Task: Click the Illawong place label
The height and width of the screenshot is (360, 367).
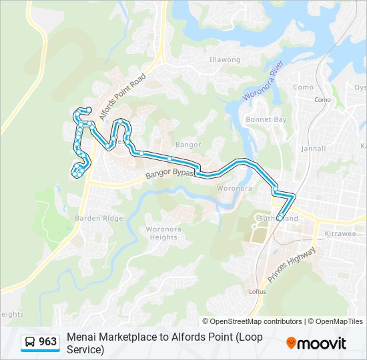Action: click(x=224, y=59)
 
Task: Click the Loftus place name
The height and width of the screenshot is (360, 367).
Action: click(x=257, y=291)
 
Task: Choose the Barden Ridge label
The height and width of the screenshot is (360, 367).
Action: click(x=99, y=218)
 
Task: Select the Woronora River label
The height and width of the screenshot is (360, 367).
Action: click(x=263, y=84)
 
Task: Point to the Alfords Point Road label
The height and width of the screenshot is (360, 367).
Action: click(x=123, y=97)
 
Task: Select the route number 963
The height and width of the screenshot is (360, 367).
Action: click(x=48, y=342)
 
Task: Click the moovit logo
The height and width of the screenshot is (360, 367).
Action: click(x=316, y=343)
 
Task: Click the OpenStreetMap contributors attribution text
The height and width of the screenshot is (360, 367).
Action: click(x=252, y=321)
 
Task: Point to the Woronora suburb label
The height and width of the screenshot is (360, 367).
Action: click(x=234, y=188)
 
